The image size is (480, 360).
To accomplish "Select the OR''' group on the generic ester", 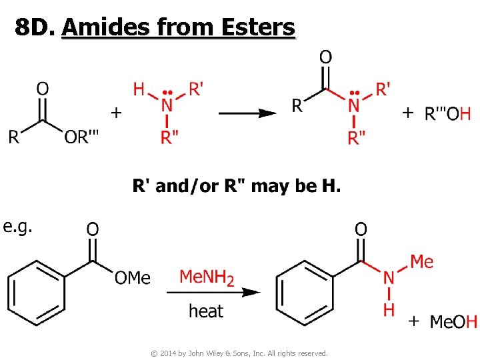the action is pyautogui.click(x=82, y=138).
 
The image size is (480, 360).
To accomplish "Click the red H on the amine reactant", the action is pyautogui.click(x=139, y=89).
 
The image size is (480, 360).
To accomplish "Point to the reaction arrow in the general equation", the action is pyautogui.click(x=247, y=113).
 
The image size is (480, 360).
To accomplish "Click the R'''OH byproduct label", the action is pyautogui.click(x=447, y=113).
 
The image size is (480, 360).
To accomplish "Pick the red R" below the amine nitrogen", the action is pyautogui.click(x=169, y=137).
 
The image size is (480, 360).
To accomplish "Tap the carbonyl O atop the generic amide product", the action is pyautogui.click(x=325, y=58).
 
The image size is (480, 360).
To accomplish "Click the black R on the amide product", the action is pyautogui.click(x=298, y=105).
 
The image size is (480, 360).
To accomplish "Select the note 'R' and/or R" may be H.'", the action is pyautogui.click(x=237, y=186).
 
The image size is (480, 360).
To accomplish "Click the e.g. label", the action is pyautogui.click(x=19, y=227).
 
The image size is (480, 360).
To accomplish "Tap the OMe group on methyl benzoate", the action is pyautogui.click(x=133, y=277).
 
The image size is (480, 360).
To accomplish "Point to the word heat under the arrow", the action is pyautogui.click(x=206, y=311).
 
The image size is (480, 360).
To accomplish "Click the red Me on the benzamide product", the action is pyautogui.click(x=421, y=261).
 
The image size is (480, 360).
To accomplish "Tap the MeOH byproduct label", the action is pyautogui.click(x=453, y=322).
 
